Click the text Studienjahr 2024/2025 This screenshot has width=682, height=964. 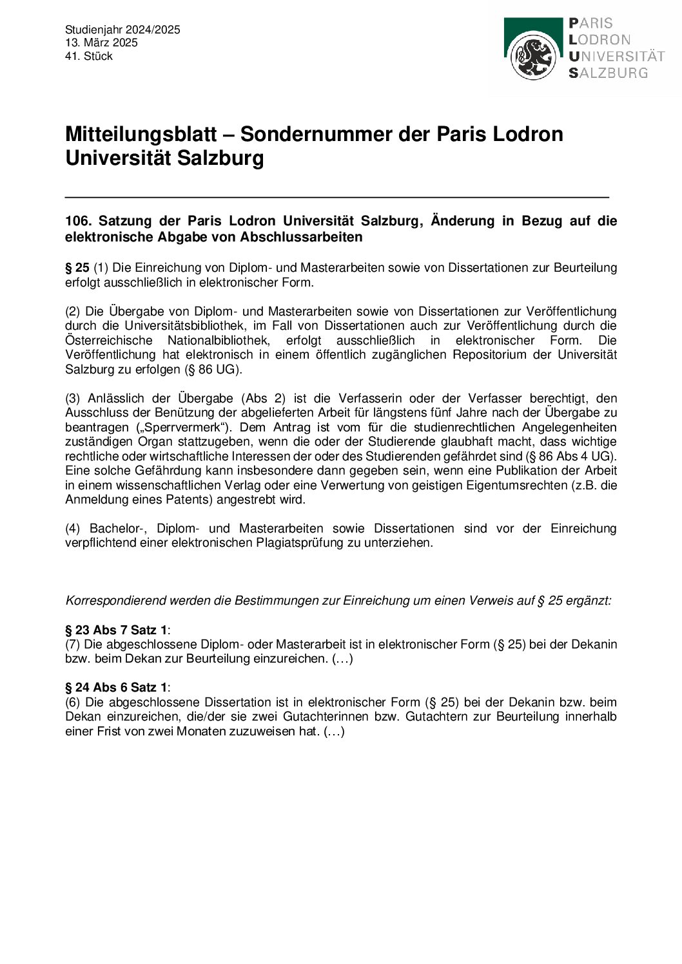(x=122, y=30)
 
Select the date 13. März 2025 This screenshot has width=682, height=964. (x=101, y=43)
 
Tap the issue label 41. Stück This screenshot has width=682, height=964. (x=89, y=56)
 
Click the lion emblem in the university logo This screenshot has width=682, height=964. (x=533, y=57)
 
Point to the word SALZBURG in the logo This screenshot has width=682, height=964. (x=608, y=73)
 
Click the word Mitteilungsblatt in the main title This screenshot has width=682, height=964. (x=141, y=134)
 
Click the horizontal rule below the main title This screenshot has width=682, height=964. (x=336, y=196)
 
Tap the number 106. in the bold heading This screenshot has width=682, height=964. (x=78, y=221)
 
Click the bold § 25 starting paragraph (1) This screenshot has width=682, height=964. (x=77, y=267)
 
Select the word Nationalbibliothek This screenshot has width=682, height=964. (x=218, y=340)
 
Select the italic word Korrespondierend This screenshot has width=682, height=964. (x=115, y=601)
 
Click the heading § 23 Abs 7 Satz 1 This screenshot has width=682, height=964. (x=116, y=630)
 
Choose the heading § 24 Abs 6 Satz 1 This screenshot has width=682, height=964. (x=116, y=688)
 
